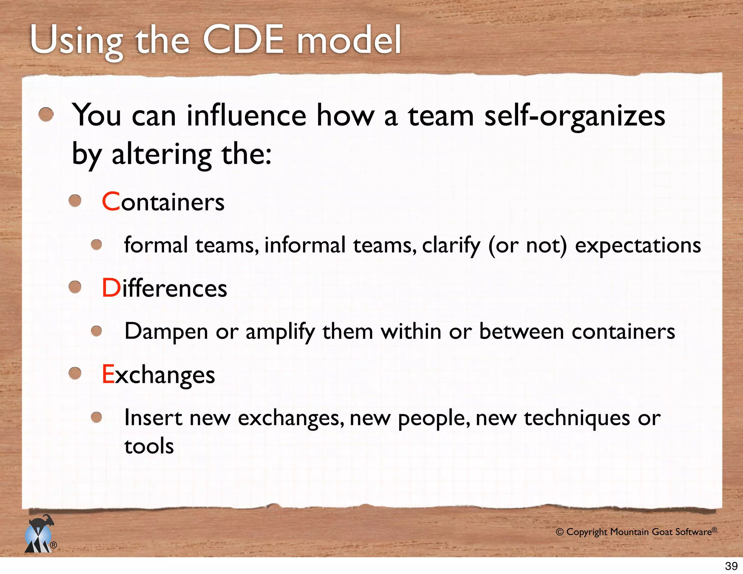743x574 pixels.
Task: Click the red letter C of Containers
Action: coord(111,202)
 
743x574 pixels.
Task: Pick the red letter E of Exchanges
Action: coord(108,374)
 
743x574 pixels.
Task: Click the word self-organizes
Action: coord(575,117)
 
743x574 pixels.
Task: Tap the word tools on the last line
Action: coord(149,446)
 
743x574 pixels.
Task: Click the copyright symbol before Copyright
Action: coord(560,532)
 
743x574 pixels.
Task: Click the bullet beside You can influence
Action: coord(46,115)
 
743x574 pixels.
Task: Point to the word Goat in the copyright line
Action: coord(662,532)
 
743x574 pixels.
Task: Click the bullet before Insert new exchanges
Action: coord(96,417)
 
